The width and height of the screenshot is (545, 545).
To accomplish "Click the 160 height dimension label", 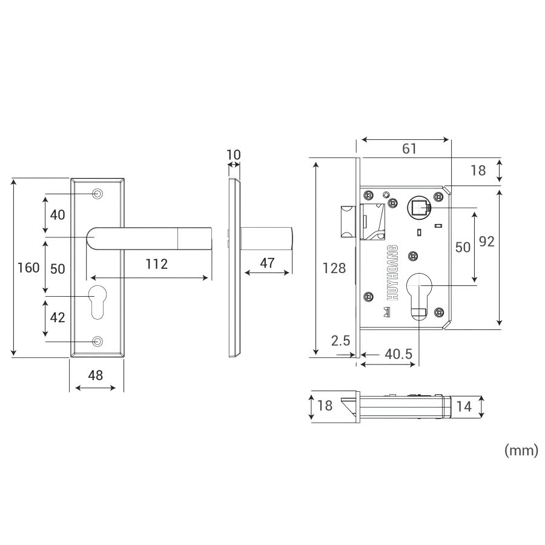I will click(28, 268).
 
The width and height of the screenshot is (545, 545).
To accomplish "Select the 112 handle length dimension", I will click(156, 263).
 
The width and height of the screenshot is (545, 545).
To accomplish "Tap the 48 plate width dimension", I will click(96, 375).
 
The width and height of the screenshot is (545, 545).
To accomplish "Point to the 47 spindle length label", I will click(267, 263).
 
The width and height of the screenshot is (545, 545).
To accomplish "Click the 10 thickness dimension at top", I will click(234, 155).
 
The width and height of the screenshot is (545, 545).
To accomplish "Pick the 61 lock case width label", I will click(410, 148).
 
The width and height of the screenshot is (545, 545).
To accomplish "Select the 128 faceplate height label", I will click(334, 268).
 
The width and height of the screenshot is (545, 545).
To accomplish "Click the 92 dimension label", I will click(487, 242).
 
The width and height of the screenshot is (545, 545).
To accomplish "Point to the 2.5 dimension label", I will click(341, 341).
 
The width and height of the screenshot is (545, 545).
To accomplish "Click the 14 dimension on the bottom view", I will click(464, 407).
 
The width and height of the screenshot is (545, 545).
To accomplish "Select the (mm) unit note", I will click(521, 451).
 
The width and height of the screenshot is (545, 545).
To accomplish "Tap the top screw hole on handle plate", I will click(97, 194).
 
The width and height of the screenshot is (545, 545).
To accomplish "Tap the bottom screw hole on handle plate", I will click(97, 342).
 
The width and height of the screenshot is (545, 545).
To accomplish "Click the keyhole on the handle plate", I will click(97, 301).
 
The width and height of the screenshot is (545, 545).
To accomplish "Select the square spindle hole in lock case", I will click(419, 209).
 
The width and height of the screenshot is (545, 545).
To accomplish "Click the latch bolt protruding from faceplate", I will click(346, 222).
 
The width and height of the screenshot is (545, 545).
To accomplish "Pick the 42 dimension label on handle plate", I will click(58, 318).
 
